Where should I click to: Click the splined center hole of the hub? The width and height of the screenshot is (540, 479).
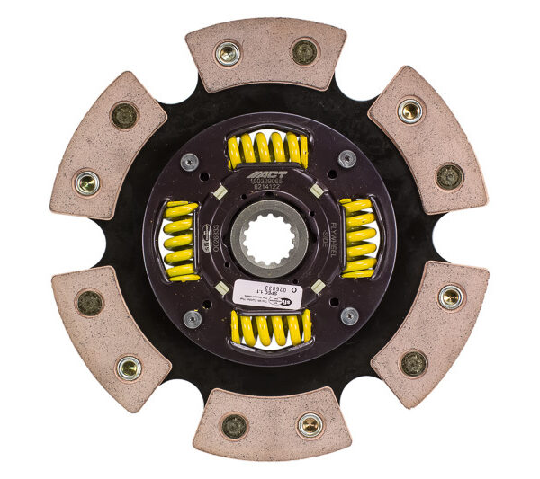[267, 239]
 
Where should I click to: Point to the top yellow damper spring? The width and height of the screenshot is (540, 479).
[267, 148]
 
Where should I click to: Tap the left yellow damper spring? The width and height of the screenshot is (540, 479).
[180, 241]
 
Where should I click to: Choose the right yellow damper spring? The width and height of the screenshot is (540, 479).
[359, 237]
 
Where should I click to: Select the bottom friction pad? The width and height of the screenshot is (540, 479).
[271, 424]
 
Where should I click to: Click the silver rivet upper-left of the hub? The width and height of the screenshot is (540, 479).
[190, 163]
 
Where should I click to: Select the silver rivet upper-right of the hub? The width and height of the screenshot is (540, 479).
[346, 159]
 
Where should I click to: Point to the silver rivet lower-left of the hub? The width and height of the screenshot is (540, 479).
[192, 318]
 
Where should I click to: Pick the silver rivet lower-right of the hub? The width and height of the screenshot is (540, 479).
[348, 315]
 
